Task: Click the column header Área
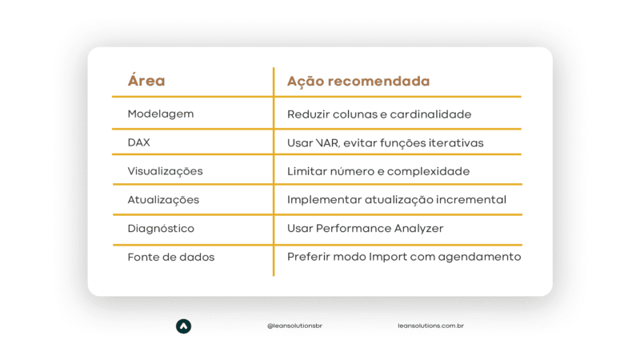click(x=146, y=80)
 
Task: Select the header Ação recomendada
click(x=358, y=81)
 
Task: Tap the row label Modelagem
click(x=161, y=114)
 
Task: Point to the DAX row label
click(x=138, y=142)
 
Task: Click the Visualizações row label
click(x=165, y=171)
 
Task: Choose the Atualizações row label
click(x=163, y=199)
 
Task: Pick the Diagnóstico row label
click(x=161, y=229)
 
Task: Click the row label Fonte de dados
click(x=171, y=257)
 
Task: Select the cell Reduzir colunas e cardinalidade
click(x=379, y=114)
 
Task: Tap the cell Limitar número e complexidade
click(x=378, y=171)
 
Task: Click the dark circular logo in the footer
click(x=184, y=326)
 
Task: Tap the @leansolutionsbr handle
click(x=294, y=326)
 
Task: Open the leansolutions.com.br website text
click(x=430, y=326)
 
